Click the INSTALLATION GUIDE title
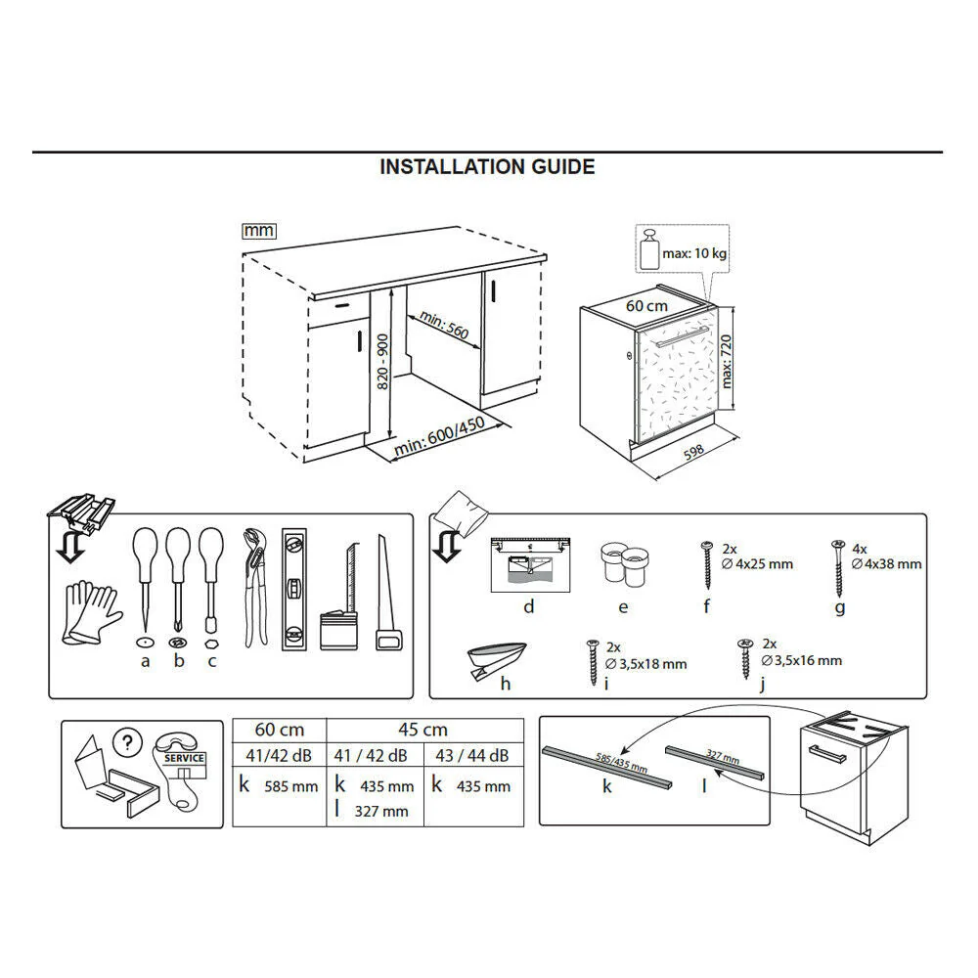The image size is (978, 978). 487,167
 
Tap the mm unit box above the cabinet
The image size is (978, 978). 258,231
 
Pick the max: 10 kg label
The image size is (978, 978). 695,254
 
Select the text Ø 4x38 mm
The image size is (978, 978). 887,564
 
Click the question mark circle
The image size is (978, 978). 124,742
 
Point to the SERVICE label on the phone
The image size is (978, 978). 184,758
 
